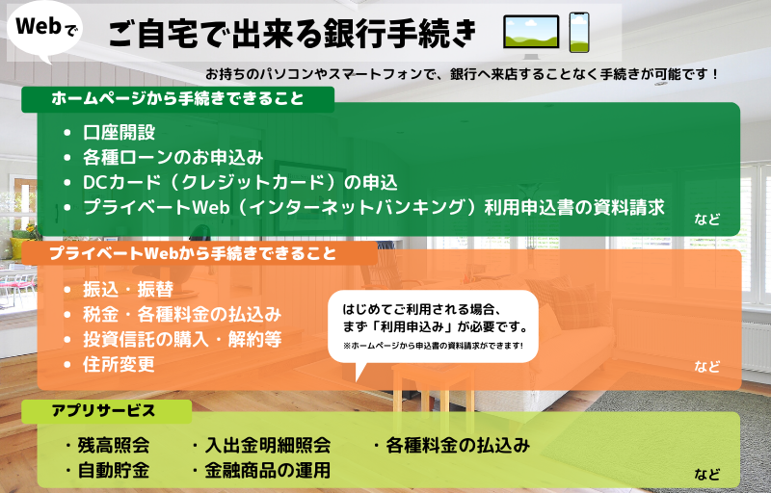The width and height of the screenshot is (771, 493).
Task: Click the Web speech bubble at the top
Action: [x=43, y=30]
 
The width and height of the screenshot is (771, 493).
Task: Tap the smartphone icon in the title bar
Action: [x=578, y=33]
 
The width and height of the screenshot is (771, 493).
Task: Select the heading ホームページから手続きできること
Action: [x=178, y=99]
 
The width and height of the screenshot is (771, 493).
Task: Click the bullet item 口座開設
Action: [x=120, y=133]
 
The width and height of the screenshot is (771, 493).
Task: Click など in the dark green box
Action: [x=707, y=220]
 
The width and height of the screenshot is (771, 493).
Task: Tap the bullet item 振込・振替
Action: [x=131, y=290]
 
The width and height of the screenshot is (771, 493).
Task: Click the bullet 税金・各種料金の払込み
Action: [x=182, y=315]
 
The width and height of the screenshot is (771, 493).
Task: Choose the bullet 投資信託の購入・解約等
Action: [x=182, y=340]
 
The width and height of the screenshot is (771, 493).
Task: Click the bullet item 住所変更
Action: [x=120, y=365]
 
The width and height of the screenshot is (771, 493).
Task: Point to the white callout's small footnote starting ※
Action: [x=433, y=345]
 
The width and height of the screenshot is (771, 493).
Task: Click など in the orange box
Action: [x=707, y=366]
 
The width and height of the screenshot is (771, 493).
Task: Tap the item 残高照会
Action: [x=114, y=446]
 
